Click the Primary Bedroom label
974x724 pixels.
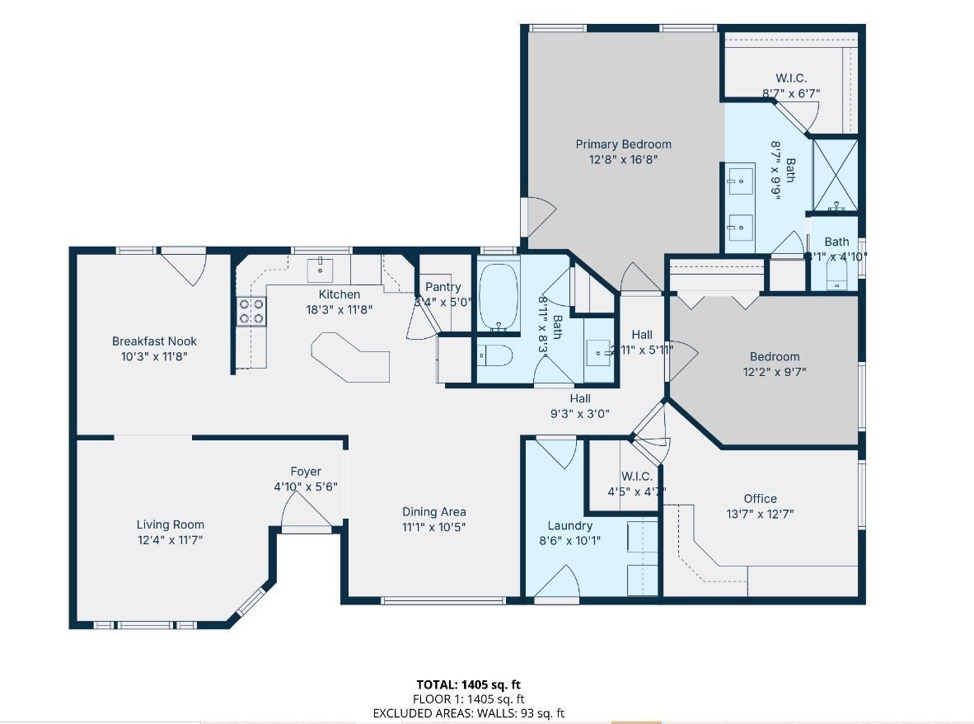[623, 144]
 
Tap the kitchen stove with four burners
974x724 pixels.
[252, 311]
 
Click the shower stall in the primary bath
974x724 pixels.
[835, 174]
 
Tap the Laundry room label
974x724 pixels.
[569, 525]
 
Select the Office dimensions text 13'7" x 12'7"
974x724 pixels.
[760, 514]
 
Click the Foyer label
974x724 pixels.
[305, 472]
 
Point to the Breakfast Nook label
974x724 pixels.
[154, 341]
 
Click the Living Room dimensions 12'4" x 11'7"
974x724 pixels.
[170, 540]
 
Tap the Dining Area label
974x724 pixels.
[433, 511]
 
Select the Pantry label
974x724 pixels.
[443, 287]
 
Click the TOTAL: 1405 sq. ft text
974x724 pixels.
[468, 684]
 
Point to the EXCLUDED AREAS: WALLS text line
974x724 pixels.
[468, 713]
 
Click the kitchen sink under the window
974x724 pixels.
[320, 269]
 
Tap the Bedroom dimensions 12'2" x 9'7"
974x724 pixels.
[774, 372]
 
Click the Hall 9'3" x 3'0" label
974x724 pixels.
[580, 398]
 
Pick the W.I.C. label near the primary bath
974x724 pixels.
[790, 78]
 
